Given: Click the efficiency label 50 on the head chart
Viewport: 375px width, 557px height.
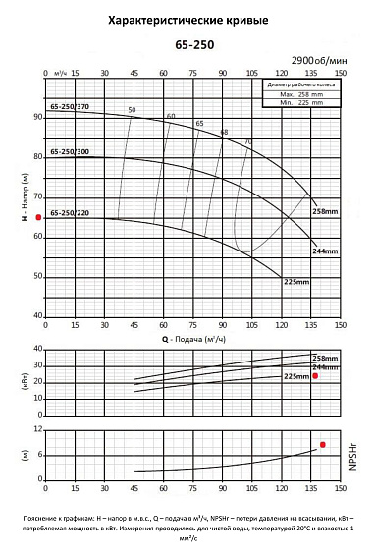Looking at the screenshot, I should click(133, 109).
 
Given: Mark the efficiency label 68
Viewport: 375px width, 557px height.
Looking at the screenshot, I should click(224, 132).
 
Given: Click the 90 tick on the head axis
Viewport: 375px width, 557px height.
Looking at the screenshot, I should click(38, 117).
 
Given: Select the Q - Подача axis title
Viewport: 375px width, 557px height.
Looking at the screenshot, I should click(189, 339).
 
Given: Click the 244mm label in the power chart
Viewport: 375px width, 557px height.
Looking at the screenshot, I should click(324, 366).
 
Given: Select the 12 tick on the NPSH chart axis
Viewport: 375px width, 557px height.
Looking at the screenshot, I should click(38, 430).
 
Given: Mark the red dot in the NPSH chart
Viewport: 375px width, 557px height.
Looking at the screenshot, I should click(323, 445).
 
